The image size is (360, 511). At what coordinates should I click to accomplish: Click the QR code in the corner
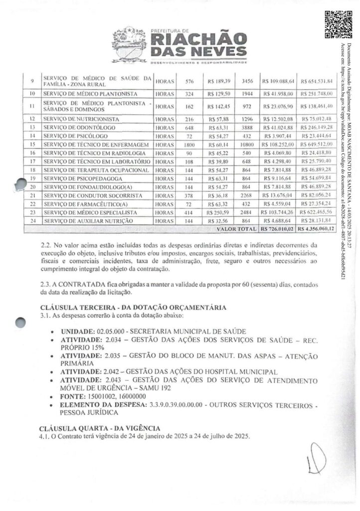point(336,24)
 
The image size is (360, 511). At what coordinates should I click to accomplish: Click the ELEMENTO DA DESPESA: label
point(100,404)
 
